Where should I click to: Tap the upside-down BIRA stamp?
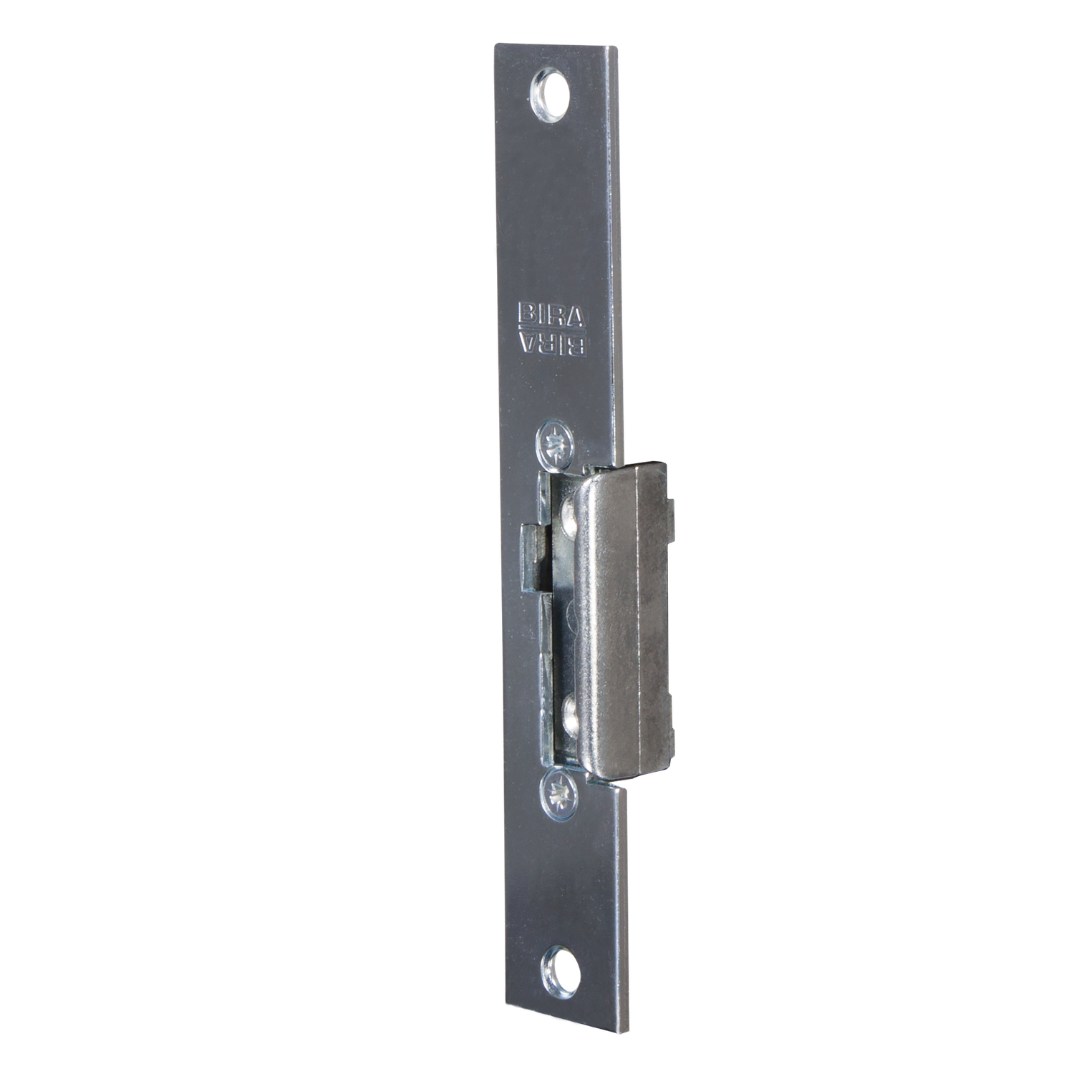coord(553,344)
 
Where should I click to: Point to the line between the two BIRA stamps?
coord(553,330)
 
